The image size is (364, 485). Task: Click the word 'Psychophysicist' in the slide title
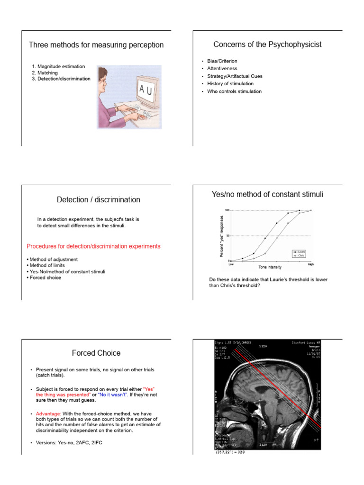296,45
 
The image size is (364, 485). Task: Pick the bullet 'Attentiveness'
222,69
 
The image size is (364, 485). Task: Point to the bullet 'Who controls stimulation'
234,91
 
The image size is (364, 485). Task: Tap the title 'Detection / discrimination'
99,200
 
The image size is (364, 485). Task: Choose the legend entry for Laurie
299,251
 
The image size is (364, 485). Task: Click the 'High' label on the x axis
311,264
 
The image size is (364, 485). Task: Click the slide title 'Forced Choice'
96,353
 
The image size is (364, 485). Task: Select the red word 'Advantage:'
49,413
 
